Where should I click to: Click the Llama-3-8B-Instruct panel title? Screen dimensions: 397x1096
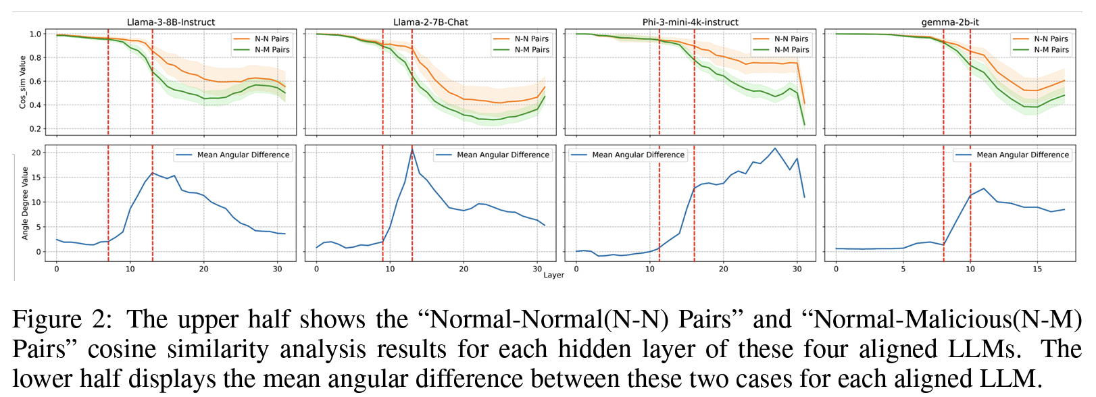click(x=171, y=22)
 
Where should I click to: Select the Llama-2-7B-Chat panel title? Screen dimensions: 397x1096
click(x=430, y=22)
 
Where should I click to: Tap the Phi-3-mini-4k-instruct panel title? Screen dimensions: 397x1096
click(x=690, y=22)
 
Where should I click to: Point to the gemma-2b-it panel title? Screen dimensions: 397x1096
click(x=949, y=22)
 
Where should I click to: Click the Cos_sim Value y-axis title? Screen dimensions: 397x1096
click(x=22, y=82)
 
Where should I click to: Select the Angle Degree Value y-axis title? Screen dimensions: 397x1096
click(x=25, y=203)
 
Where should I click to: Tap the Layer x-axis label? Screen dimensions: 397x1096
click(x=553, y=275)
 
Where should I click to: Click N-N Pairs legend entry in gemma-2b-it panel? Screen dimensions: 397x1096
click(x=1050, y=38)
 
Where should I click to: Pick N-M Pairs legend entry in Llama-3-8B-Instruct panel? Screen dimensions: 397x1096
click(x=272, y=49)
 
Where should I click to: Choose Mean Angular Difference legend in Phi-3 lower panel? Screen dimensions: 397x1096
click(x=638, y=155)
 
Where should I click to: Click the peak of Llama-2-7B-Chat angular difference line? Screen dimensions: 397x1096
click(x=412, y=149)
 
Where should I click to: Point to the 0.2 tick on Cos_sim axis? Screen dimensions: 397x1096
click(x=36, y=129)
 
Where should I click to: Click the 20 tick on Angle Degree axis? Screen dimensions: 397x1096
click(x=36, y=153)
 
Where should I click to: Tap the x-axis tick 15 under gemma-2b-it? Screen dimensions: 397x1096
click(x=1037, y=269)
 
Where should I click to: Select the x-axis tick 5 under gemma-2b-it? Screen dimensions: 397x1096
click(x=903, y=269)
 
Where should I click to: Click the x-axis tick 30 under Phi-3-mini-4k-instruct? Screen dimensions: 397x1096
click(x=797, y=269)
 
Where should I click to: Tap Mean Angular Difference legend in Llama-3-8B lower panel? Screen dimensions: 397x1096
click(x=243, y=155)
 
